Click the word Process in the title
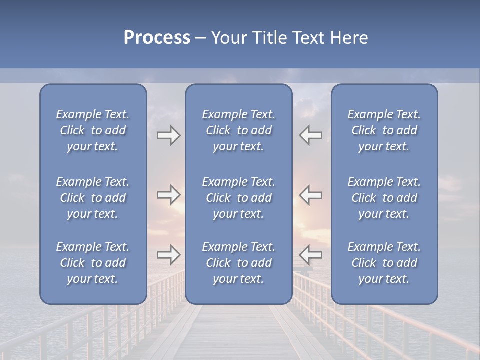(157, 38)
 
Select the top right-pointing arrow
(169, 135)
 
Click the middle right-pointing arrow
(169, 195)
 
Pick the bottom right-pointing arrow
(169, 255)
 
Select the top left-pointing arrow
(311, 135)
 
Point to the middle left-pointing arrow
(311, 195)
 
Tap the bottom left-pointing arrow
(311, 255)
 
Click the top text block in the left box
(93, 130)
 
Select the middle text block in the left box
(93, 198)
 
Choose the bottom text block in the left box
(93, 263)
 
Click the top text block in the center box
(239, 130)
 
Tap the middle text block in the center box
(239, 198)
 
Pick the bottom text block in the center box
(239, 263)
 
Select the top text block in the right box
(384, 130)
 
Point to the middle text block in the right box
(384, 198)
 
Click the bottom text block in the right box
(384, 263)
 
